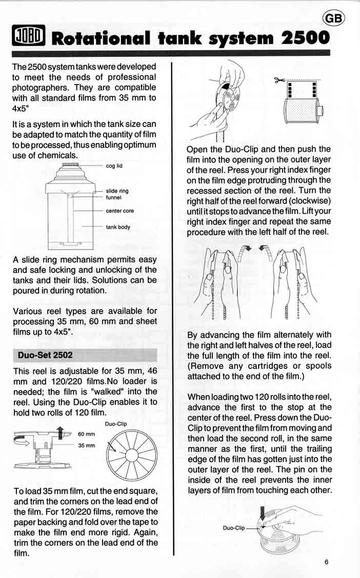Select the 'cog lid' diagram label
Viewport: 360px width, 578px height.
pyautogui.click(x=114, y=166)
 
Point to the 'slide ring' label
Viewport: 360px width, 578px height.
pyautogui.click(x=117, y=191)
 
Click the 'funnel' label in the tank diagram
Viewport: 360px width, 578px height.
pyautogui.click(x=113, y=197)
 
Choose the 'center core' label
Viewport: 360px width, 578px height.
pyautogui.click(x=119, y=211)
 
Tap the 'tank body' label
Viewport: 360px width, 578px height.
pyautogui.click(x=118, y=227)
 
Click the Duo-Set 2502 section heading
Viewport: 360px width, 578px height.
pyautogui.click(x=45, y=355)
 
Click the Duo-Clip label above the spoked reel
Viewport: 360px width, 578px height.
pyautogui.click(x=115, y=424)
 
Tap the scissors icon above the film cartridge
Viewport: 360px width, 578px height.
pyautogui.click(x=279, y=80)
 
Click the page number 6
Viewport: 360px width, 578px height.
pyautogui.click(x=326, y=561)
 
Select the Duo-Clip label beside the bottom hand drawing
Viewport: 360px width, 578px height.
pyautogui.click(x=233, y=527)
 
